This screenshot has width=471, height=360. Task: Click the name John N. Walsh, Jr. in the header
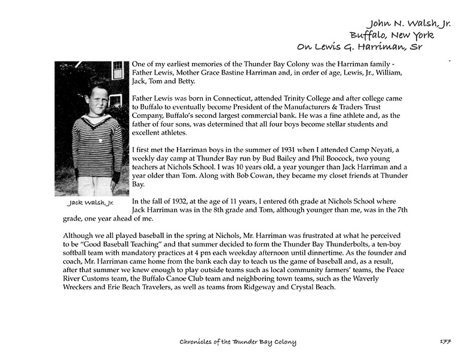(409, 23)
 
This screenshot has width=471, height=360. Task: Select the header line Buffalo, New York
(392, 35)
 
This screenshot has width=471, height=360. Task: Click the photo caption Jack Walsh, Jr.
(91, 203)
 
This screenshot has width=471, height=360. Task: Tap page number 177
(444, 342)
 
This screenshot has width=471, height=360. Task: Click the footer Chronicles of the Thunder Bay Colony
(238, 342)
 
